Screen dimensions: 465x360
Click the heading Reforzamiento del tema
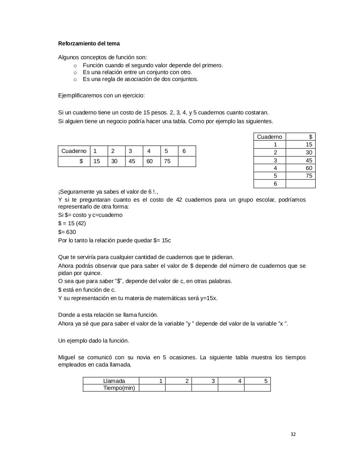(89, 44)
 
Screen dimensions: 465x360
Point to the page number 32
(293, 434)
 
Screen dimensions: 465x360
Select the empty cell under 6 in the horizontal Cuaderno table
(187, 161)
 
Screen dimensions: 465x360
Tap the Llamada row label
(114, 381)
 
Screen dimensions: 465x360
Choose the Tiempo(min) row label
(119, 388)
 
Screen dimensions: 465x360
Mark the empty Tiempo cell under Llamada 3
(205, 388)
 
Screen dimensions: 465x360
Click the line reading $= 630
(67, 232)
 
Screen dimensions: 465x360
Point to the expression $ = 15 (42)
(72, 223)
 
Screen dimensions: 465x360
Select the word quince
(92, 273)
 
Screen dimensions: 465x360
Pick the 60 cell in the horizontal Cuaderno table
(149, 161)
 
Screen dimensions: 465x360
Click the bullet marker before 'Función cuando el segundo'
(75, 66)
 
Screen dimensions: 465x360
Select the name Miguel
(67, 357)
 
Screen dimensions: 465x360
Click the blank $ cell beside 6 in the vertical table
(300, 184)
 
